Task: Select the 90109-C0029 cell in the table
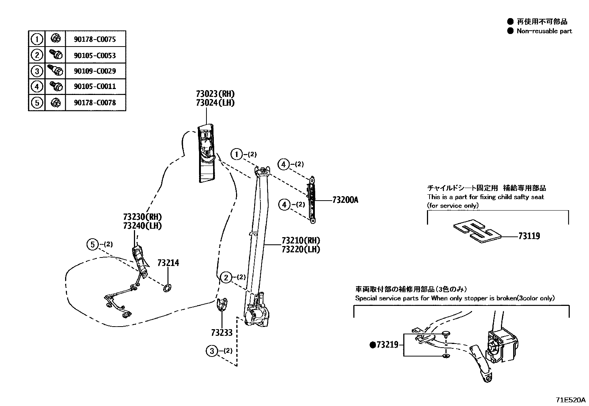click(x=95, y=71)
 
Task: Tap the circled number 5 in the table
click(x=37, y=102)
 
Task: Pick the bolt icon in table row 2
click(x=55, y=55)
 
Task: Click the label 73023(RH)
click(x=215, y=94)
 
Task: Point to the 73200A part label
click(x=345, y=200)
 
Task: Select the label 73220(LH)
click(x=300, y=249)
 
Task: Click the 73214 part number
click(x=168, y=263)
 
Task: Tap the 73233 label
click(x=222, y=333)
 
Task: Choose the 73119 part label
click(x=529, y=236)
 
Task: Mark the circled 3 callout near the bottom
click(x=212, y=351)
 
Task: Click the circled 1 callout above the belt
click(x=237, y=154)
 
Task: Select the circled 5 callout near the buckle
click(x=92, y=244)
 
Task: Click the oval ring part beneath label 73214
click(x=167, y=288)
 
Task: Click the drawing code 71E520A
click(x=571, y=400)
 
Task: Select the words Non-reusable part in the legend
click(x=544, y=31)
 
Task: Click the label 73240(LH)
click(x=142, y=226)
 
